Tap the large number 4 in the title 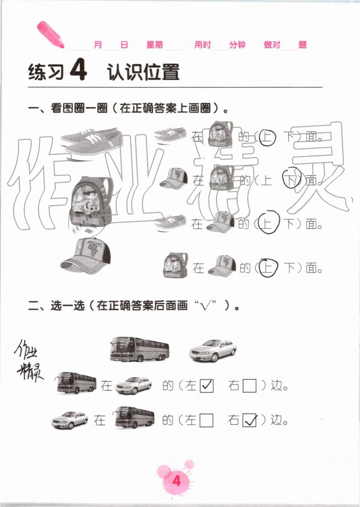(x=78, y=70)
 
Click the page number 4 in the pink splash (x=176, y=481)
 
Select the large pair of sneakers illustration (x=90, y=142)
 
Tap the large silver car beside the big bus (x=213, y=350)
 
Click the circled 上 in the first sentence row (x=267, y=137)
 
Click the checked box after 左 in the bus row (x=206, y=386)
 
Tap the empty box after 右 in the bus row (x=249, y=386)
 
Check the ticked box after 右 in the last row (x=249, y=420)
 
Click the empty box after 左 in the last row (x=206, y=420)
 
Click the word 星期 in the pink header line (x=154, y=45)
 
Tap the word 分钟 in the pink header (x=237, y=45)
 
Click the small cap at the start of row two (x=174, y=178)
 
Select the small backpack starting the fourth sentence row (x=175, y=266)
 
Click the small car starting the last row (x=70, y=420)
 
